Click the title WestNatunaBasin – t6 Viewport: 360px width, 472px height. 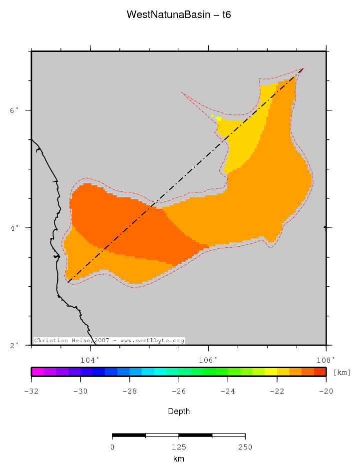coord(178,15)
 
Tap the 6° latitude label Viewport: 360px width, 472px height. coord(15,110)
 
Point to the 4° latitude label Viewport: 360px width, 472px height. coord(15,228)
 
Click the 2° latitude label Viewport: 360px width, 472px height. coord(15,345)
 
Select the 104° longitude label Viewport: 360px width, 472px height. coord(90,359)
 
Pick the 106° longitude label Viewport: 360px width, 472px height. coord(208,359)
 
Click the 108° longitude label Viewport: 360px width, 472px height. coord(326,359)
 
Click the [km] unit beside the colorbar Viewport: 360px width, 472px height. coord(342,372)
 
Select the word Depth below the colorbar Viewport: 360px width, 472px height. coord(178,412)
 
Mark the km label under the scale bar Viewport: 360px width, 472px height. coord(178,459)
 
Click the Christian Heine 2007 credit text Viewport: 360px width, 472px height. coord(109,341)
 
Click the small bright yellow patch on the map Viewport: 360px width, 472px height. coord(218,118)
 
